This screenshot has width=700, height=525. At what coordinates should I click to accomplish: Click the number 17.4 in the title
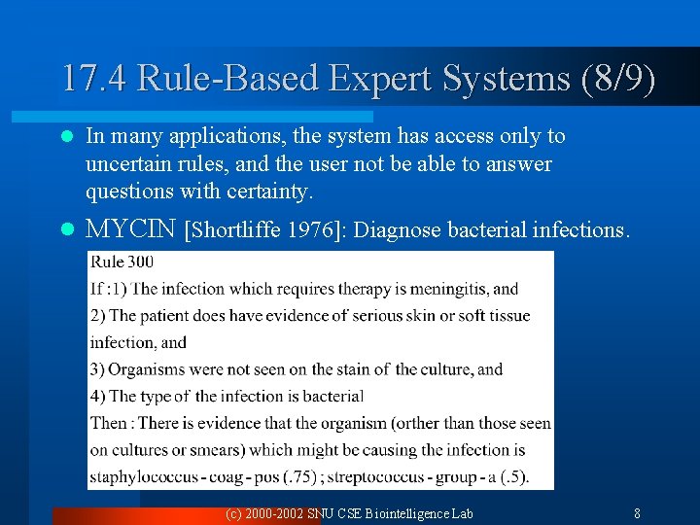point(94,79)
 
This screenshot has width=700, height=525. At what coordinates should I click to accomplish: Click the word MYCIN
point(130,229)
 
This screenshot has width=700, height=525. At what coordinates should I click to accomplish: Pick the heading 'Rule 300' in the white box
point(122,262)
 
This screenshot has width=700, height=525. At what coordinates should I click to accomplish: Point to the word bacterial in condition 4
point(332,397)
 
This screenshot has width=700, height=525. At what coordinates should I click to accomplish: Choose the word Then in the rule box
point(108,424)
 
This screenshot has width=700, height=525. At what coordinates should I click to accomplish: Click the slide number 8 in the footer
point(637,513)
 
